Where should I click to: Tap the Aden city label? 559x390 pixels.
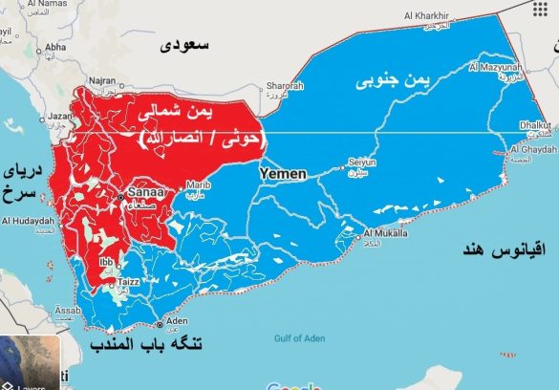pyautogui.click(x=177, y=322)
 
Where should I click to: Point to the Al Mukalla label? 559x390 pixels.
pyautogui.click(x=385, y=232)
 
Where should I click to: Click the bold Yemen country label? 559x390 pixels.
pyautogui.click(x=283, y=174)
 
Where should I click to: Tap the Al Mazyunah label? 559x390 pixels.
pyautogui.click(x=496, y=69)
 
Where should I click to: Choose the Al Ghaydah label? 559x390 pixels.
pyautogui.click(x=532, y=150)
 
